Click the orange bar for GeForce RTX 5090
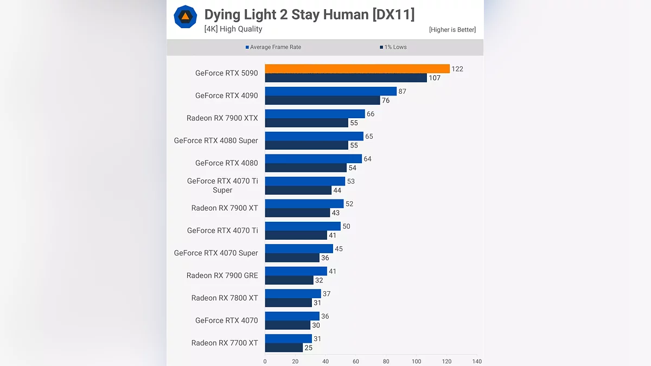[357, 69]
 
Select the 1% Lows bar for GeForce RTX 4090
[322, 100]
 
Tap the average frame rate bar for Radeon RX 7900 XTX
[315, 114]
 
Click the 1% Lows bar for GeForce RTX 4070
[288, 325]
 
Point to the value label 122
[457, 69]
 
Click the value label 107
[434, 78]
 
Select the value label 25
[309, 348]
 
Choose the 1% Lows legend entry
[393, 47]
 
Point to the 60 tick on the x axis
[356, 361]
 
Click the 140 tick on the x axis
[477, 361]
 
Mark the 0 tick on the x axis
[265, 361]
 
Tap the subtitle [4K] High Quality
[233, 29]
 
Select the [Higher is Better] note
[452, 30]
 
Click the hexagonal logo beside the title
[185, 17]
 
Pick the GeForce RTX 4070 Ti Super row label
[222, 185]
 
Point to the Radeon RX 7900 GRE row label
[222, 275]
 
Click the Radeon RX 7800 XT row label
[225, 298]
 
